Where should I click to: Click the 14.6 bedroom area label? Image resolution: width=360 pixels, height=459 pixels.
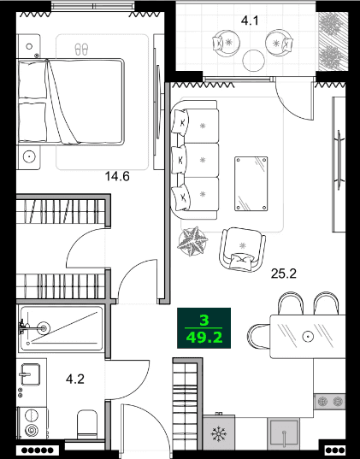pos(116,177)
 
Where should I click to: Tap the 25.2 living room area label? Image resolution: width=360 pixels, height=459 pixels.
pos(283,274)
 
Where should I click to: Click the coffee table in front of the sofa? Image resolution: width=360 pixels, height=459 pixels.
pos(254,182)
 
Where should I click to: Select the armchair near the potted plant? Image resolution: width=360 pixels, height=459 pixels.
pos(241,250)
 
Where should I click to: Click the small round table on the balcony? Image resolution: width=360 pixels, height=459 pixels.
pos(254,61)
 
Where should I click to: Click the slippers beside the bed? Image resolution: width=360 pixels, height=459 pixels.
pos(82,49)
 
